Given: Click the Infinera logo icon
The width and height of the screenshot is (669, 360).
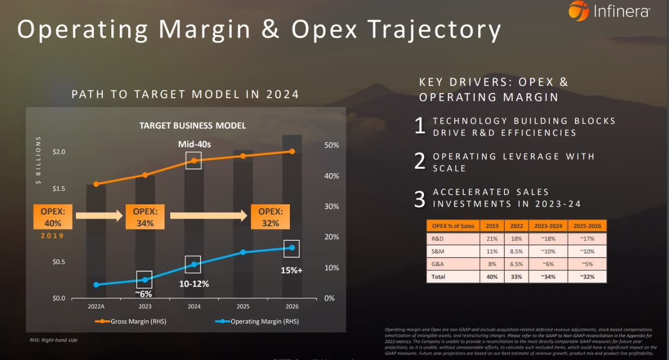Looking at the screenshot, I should point(578,11).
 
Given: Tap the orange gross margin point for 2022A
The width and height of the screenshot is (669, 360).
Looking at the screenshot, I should point(96,184).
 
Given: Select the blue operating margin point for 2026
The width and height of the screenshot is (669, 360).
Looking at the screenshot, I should point(292,248).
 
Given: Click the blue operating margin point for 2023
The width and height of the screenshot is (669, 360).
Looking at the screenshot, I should point(144,280).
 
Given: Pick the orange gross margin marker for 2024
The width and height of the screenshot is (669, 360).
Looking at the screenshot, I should point(194,160).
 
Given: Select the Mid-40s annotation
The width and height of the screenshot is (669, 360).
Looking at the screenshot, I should point(194,144).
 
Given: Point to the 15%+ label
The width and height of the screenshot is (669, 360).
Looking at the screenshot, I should point(291,270).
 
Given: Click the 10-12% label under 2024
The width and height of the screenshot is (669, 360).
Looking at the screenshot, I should point(194,284).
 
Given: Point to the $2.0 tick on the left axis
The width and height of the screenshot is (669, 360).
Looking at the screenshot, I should point(59,152).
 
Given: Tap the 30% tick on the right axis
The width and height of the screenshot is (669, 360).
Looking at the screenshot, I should point(331,206).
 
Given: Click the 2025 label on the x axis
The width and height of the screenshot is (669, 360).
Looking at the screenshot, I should point(243,307).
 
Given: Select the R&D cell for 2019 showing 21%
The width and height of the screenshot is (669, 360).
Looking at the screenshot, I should point(492,238).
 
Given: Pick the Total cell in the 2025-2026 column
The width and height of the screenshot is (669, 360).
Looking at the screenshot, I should point(587,276).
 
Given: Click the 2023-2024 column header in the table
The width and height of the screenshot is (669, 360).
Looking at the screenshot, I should point(548,226).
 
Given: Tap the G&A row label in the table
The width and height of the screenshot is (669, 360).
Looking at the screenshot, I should point(438,264).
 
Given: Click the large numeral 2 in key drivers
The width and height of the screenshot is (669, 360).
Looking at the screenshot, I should point(420,162).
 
